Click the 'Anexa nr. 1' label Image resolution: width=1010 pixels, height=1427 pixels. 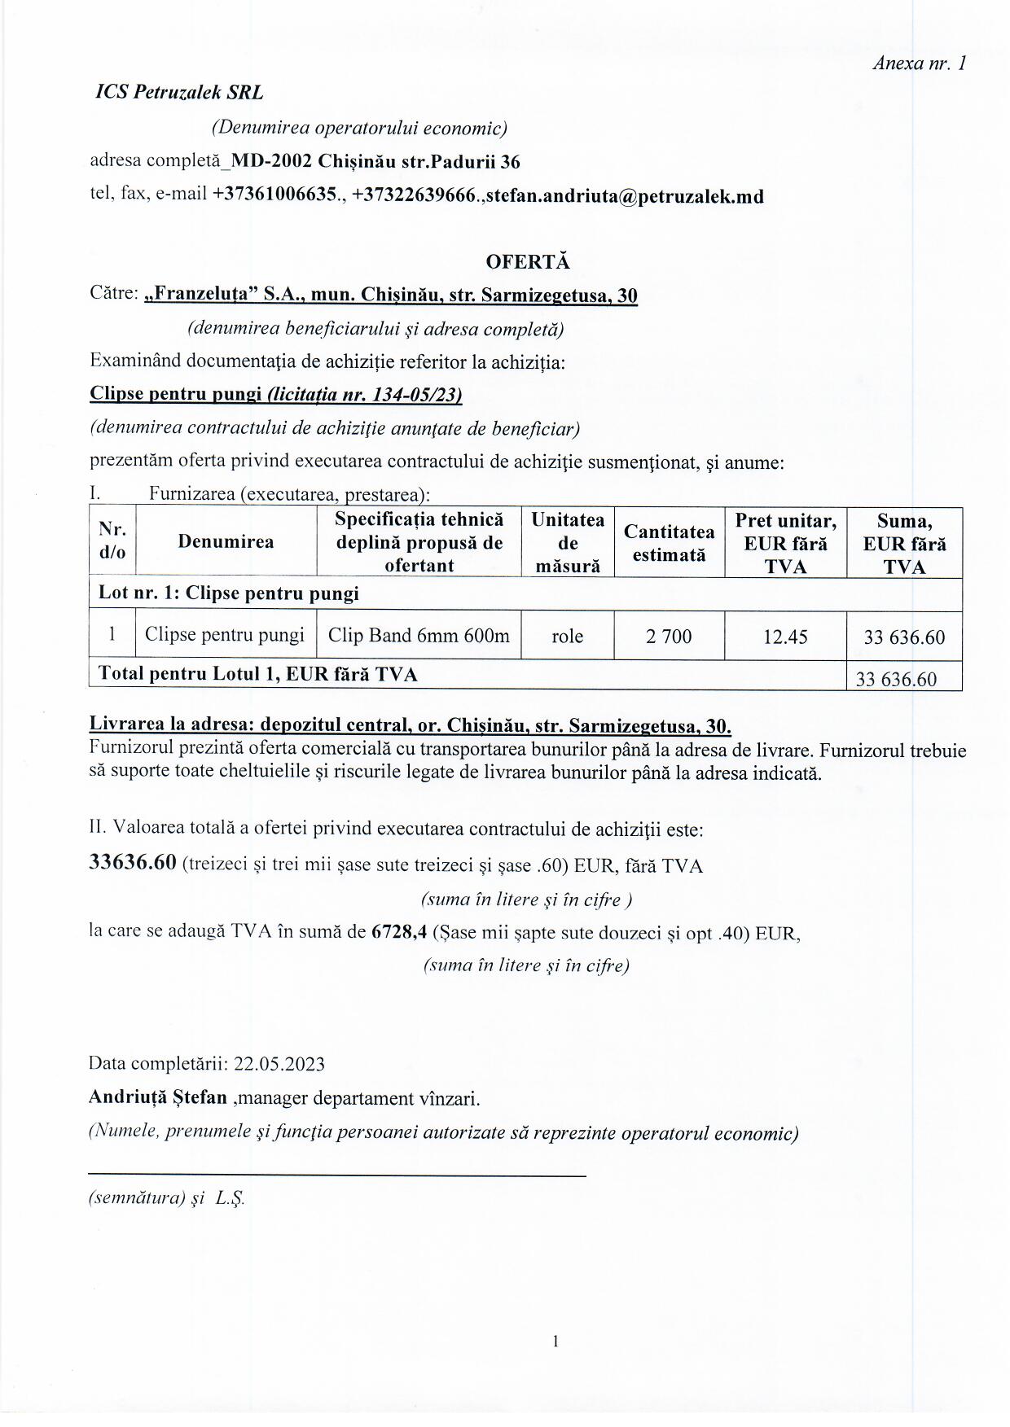(919, 63)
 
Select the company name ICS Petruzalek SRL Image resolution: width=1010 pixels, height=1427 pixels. (179, 93)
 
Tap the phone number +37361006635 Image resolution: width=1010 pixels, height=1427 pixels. (274, 195)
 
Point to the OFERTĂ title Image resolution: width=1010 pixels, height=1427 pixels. (528, 261)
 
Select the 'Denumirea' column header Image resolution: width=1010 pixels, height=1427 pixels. (226, 542)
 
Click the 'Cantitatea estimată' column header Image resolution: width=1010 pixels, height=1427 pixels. (669, 543)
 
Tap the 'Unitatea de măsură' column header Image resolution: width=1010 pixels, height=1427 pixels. (568, 542)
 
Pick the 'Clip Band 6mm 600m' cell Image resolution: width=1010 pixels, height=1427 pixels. (419, 635)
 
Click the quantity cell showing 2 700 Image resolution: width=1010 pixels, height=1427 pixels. (669, 637)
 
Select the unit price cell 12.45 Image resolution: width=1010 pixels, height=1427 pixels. (785, 637)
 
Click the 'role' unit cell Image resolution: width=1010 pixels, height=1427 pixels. (567, 637)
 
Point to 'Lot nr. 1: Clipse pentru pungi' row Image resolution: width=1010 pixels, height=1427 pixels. (229, 593)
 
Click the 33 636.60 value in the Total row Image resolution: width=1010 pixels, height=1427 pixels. (896, 679)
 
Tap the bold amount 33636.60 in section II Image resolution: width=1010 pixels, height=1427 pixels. (133, 863)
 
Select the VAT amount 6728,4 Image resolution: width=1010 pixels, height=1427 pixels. (399, 933)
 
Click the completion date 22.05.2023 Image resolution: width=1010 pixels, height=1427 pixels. (279, 1064)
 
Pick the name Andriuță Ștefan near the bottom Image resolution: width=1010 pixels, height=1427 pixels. (158, 1097)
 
